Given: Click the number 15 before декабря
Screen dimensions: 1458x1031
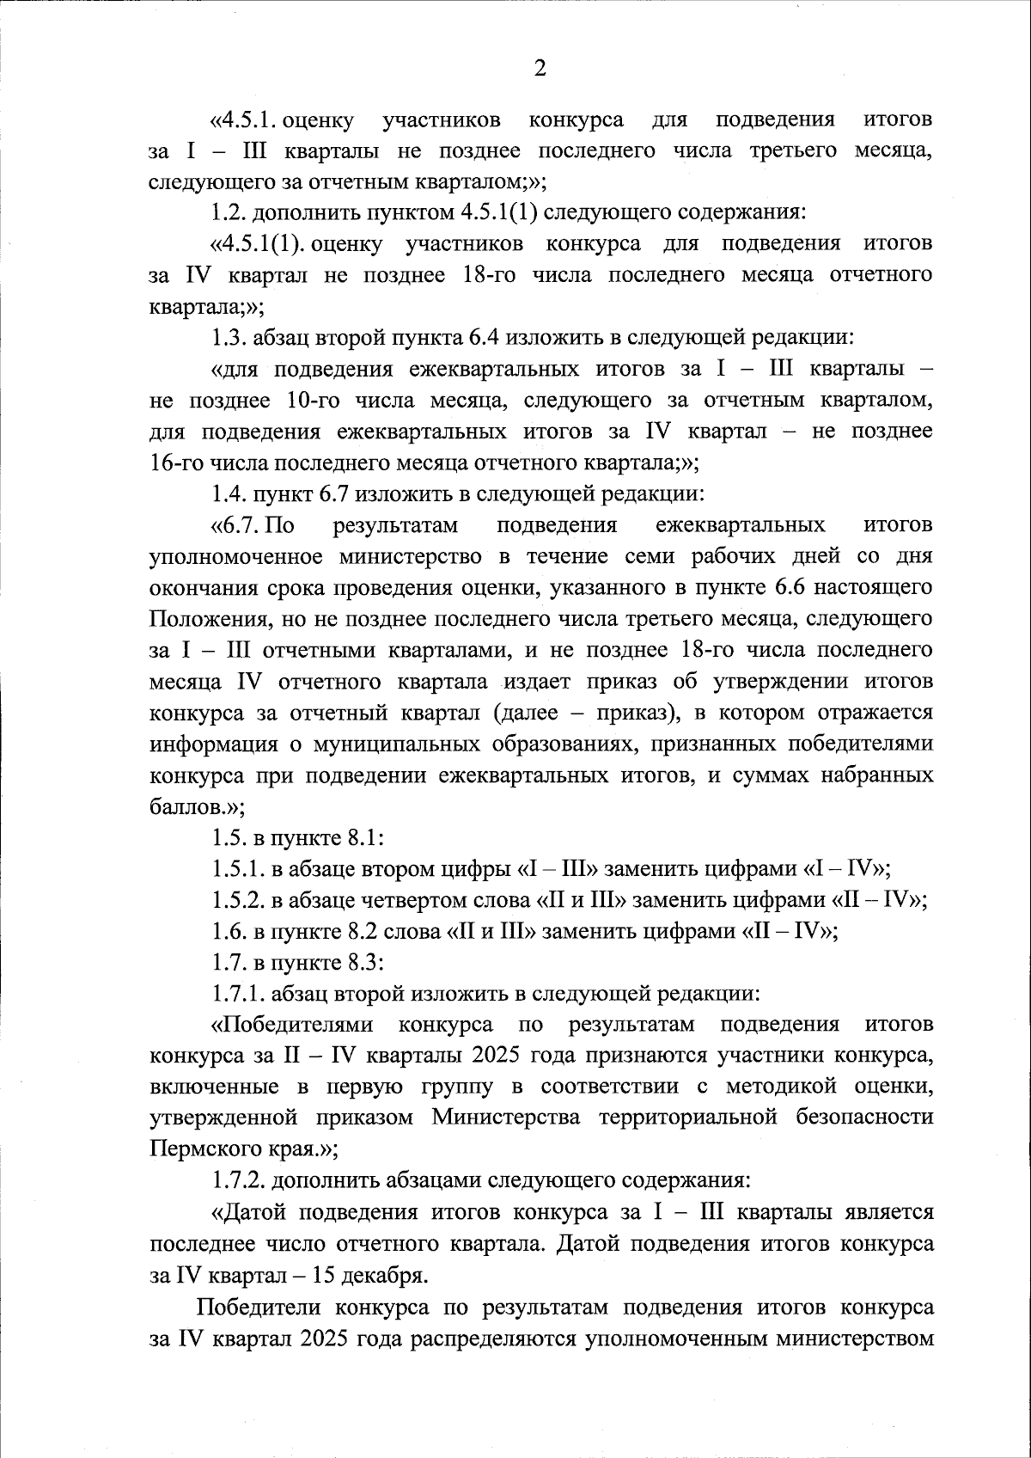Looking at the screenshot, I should tap(325, 1275).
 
